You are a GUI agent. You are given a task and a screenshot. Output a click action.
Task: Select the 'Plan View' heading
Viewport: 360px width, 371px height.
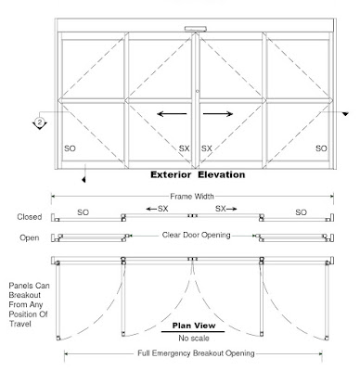pos(191,322)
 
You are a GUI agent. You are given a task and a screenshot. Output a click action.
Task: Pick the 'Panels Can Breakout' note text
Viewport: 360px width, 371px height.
pos(29,297)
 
